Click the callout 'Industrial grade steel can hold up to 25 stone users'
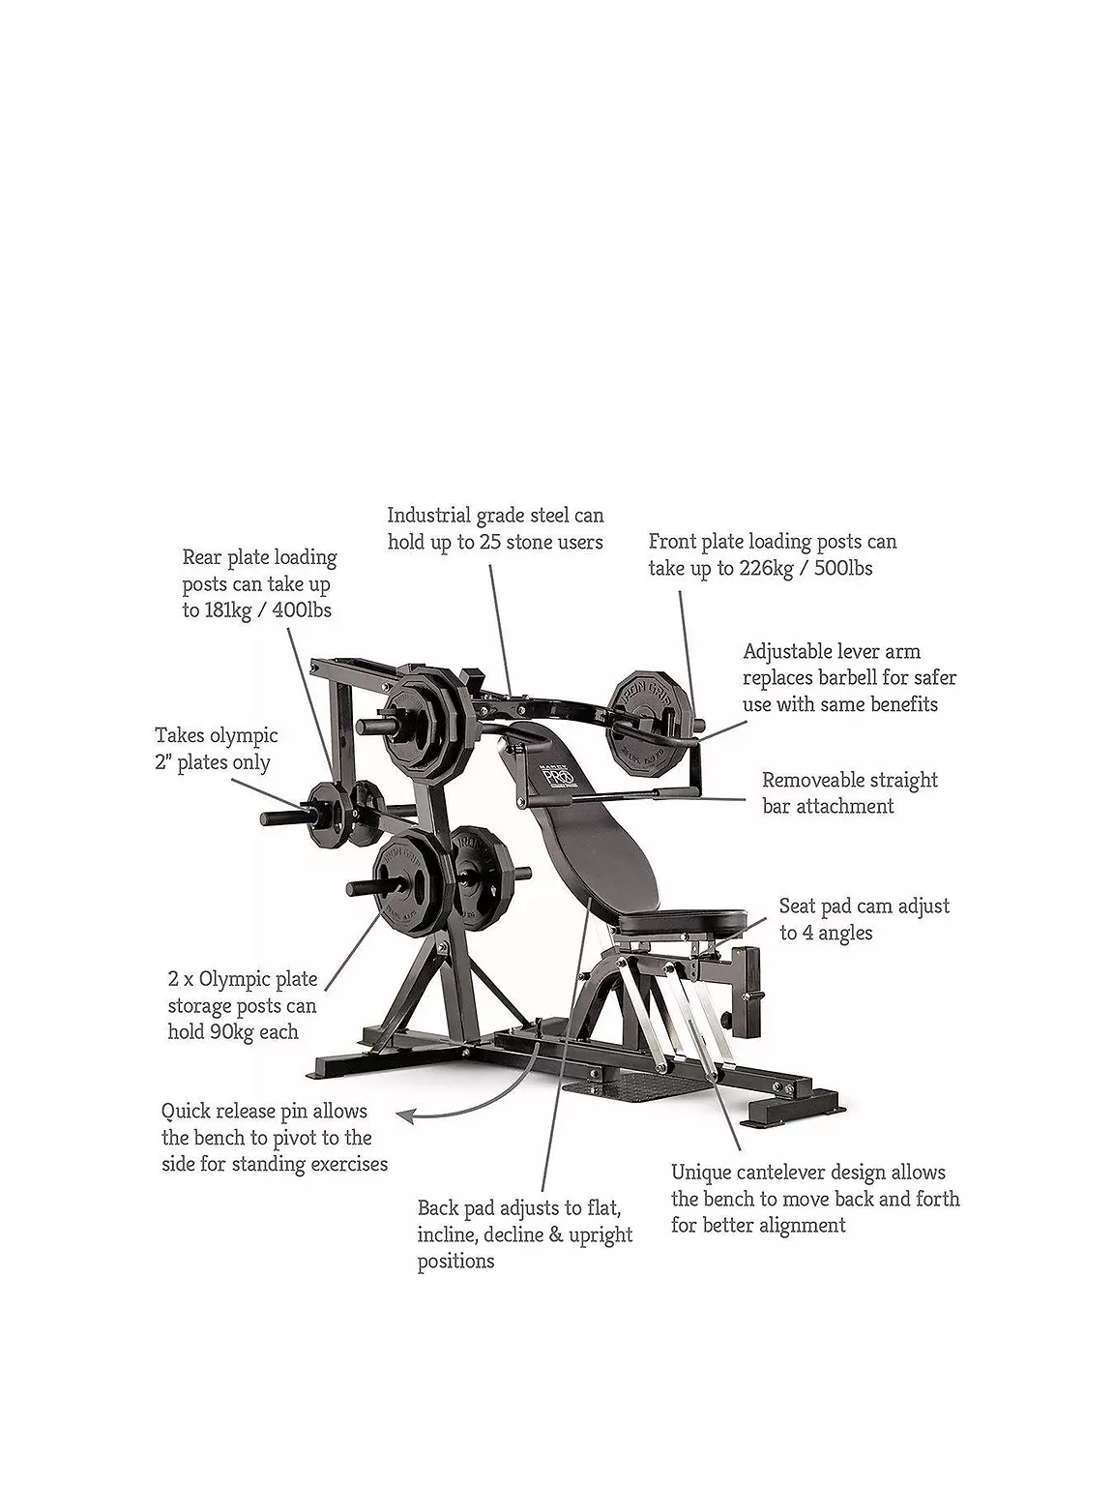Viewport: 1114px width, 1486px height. (495, 529)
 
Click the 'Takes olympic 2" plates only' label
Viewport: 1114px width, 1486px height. (216, 750)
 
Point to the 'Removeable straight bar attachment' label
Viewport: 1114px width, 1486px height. (849, 793)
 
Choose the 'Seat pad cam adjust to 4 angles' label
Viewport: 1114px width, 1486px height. (864, 919)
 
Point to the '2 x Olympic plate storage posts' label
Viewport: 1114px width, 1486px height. (242, 1006)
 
